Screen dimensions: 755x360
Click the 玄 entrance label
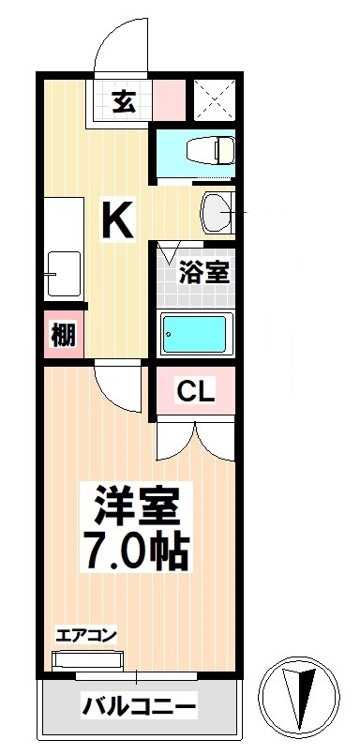click(x=124, y=101)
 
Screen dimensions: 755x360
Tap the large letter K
click(x=118, y=221)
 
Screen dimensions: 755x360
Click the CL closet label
click(x=197, y=391)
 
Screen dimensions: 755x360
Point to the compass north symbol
click(x=303, y=696)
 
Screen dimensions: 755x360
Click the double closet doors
click(x=195, y=439)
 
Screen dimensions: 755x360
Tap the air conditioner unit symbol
click(x=86, y=660)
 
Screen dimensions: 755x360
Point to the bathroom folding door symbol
click(x=169, y=251)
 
